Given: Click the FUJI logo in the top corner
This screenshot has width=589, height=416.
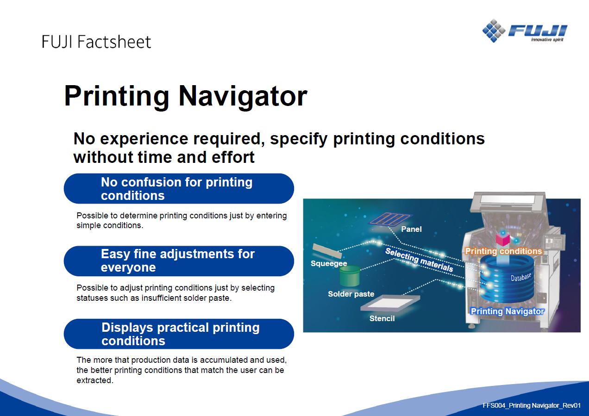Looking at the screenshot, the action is tap(525, 31).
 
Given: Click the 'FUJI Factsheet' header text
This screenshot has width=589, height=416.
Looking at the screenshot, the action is tap(96, 42).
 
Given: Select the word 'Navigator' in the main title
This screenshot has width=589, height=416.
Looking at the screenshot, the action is tap(243, 96).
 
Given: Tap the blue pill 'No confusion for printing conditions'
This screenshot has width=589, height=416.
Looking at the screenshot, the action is tap(179, 188).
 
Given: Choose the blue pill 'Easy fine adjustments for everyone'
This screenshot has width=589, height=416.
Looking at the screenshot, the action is tap(179, 261).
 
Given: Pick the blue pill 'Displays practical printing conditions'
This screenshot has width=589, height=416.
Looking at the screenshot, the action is tap(179, 334).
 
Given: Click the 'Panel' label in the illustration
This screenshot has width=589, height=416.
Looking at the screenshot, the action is tap(411, 229).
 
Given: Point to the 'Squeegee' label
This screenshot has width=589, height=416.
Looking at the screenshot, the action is tap(329, 263).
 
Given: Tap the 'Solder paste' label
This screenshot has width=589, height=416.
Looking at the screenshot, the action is tap(351, 294).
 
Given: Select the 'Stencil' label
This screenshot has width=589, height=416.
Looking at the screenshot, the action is tap(382, 318).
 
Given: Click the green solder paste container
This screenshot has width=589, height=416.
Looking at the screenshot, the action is tap(350, 276).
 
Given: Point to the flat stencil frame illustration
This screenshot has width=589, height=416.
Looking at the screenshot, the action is tap(390, 303).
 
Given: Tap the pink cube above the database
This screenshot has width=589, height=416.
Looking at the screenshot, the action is tap(502, 239).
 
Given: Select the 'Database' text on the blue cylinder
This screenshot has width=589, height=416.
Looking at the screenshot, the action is tap(520, 277).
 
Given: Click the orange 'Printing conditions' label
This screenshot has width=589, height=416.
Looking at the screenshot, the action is tap(503, 251).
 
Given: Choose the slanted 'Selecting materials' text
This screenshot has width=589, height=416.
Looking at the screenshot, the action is tap(419, 260).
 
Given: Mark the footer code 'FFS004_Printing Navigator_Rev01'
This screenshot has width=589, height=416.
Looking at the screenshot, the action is tap(532, 405).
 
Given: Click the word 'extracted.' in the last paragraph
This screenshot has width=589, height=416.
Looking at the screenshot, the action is tap(95, 380).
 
